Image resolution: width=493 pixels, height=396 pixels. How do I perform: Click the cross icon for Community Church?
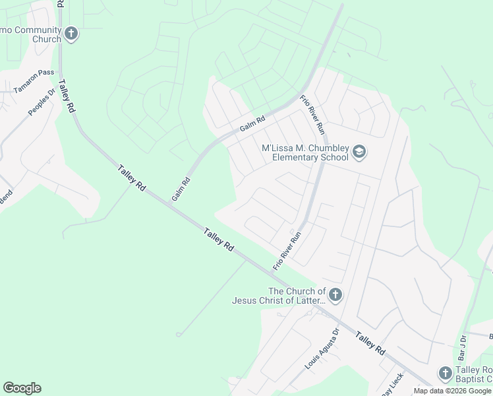click(x=71, y=33)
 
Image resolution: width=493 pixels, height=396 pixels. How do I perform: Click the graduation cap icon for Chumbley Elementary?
click(x=359, y=152)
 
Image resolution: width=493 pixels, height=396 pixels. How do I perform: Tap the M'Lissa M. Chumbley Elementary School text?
click(x=304, y=152)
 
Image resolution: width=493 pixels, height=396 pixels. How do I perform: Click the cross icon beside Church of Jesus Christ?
click(x=335, y=295)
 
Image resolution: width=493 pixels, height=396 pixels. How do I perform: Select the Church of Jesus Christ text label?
click(x=279, y=296)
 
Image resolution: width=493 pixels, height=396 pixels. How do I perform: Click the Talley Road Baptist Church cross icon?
click(x=445, y=373)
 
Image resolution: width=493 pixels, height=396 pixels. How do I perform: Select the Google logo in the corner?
click(x=22, y=388)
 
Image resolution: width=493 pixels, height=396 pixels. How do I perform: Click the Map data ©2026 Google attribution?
click(x=452, y=391)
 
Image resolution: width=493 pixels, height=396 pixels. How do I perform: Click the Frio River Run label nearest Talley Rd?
click(x=287, y=250)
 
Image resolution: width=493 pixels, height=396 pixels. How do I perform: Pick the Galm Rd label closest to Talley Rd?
click(x=181, y=189)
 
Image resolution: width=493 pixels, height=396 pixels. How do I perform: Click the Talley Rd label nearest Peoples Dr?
click(x=67, y=97)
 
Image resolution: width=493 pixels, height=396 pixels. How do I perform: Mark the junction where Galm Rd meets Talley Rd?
click(x=169, y=204)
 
